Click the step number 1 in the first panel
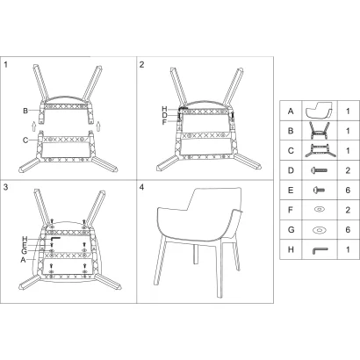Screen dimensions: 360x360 [5, 64]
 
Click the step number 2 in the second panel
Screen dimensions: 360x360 [142, 64]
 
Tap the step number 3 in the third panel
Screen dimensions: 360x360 [5, 187]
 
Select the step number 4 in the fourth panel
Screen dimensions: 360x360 [142, 187]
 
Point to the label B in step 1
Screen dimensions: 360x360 [25, 111]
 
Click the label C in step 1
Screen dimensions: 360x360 [25, 140]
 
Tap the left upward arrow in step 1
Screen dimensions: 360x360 [33, 126]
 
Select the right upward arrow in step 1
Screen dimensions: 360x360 [98, 126]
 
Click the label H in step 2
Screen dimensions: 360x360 [164, 109]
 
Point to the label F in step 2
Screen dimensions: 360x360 [164, 122]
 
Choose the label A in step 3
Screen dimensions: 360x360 [23, 260]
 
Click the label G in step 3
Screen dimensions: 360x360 [24, 251]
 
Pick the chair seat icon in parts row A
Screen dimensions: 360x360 [320, 111]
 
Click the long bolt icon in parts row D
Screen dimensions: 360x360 [320, 170]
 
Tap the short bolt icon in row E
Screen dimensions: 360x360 [319, 190]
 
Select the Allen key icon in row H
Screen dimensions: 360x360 [320, 250]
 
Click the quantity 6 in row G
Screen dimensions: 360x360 [348, 230]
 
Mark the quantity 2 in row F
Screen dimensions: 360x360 [348, 210]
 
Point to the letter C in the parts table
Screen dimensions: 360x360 [291, 151]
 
